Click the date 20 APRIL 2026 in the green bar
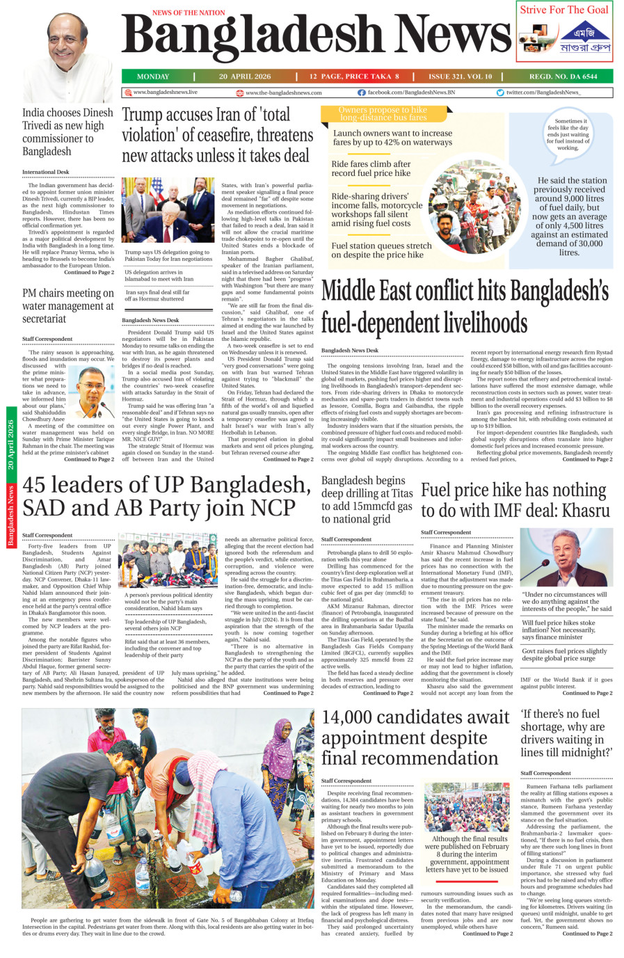point(245,77)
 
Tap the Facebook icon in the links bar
point(362,93)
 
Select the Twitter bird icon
point(500,93)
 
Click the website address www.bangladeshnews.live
point(165,93)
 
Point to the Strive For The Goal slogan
point(564,10)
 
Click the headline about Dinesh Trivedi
point(67,131)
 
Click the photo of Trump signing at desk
point(168,210)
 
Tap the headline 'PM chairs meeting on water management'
point(67,306)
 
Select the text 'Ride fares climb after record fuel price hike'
point(371,168)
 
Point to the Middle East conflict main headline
point(465,308)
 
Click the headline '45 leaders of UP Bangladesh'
point(166,496)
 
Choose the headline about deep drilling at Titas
point(367,500)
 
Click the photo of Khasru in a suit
point(566,557)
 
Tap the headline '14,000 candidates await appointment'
point(415,737)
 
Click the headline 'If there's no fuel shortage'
point(566,733)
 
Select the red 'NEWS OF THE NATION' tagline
point(189,13)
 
